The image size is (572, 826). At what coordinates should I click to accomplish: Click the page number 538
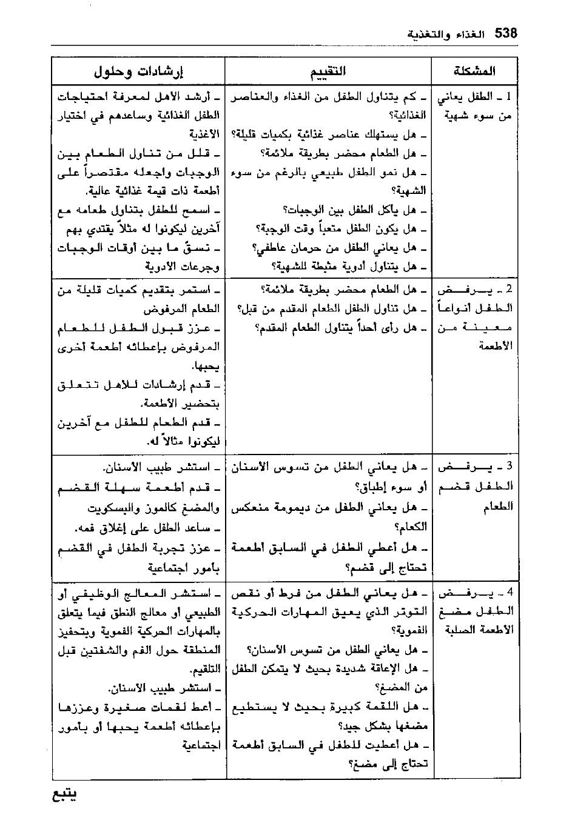tap(506, 34)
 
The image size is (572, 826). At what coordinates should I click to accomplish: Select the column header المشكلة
tap(474, 71)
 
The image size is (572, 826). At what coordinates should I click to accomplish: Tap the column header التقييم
tap(328, 71)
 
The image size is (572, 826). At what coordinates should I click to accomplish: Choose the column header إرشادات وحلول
tap(138, 72)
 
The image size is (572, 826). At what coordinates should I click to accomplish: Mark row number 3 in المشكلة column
tap(509, 467)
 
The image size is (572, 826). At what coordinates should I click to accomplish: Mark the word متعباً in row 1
tap(329, 229)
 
